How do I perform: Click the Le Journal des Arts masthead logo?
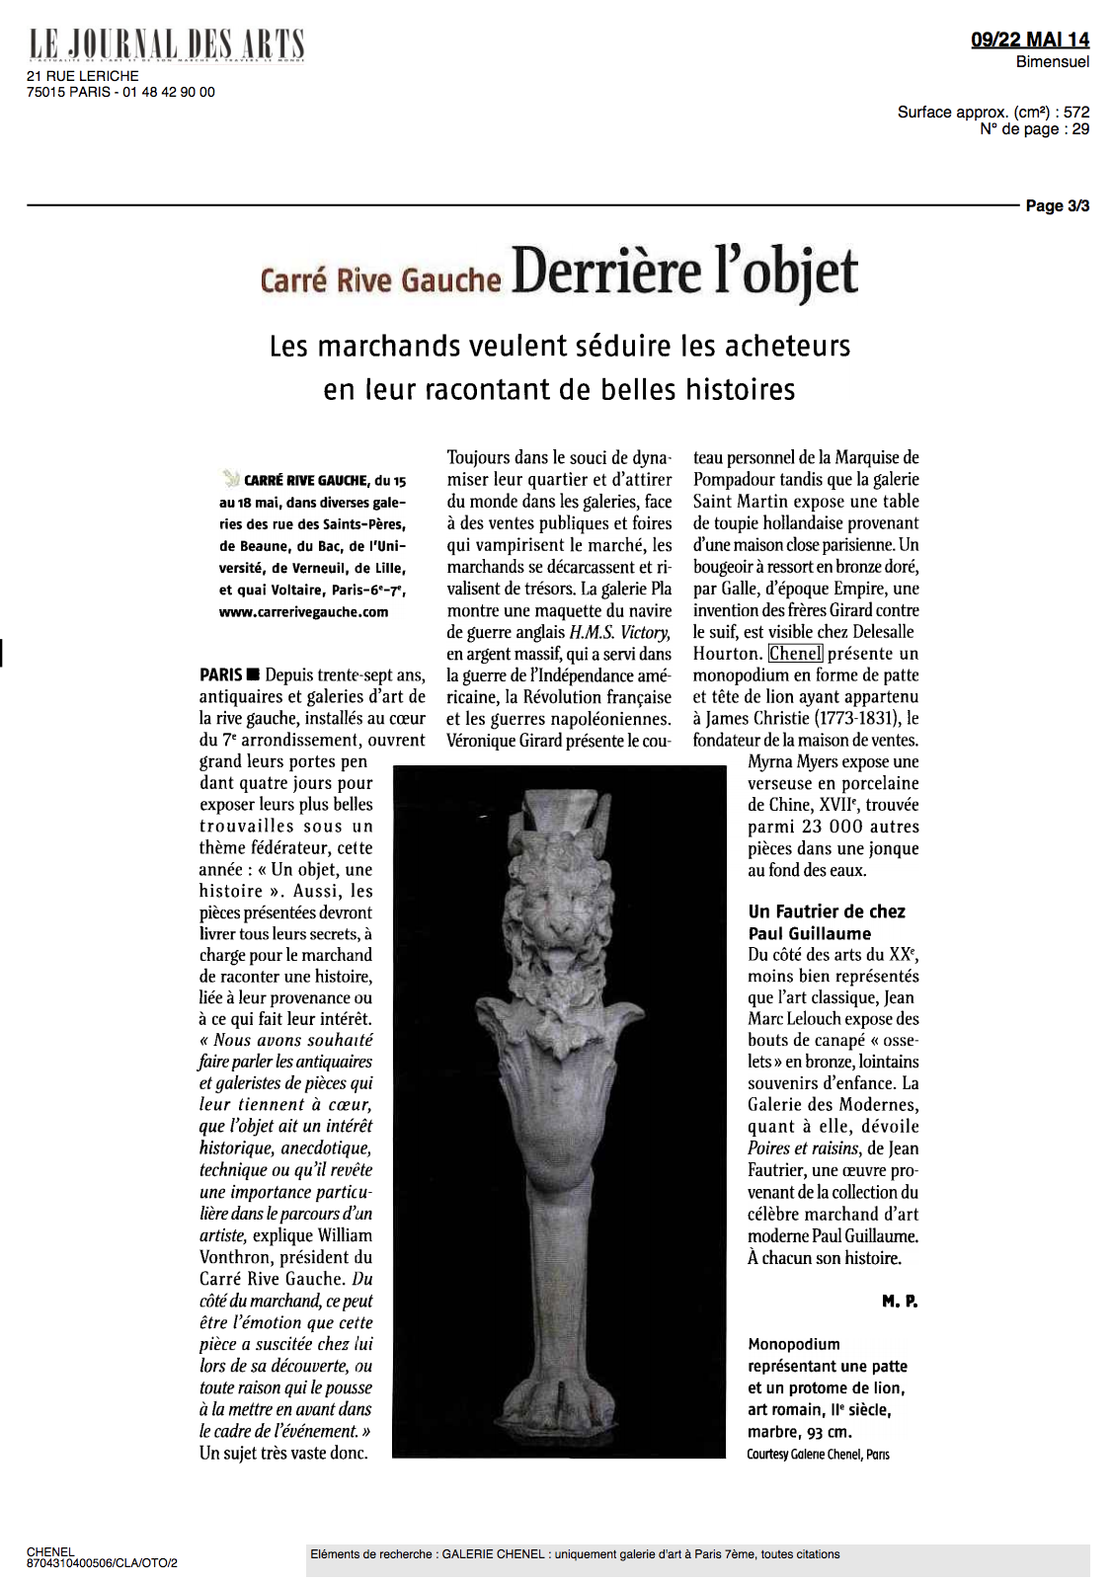166,44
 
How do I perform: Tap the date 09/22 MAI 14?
1029,40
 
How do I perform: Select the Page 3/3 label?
1057,205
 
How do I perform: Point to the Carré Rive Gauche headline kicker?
380,279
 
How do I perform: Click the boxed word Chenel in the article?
795,654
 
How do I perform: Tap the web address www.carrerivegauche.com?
303,612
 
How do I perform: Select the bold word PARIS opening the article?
221,675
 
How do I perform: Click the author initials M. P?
900,1302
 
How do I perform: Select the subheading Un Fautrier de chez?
827,911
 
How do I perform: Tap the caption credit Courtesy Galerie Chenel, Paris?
818,1455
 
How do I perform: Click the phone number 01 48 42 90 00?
169,92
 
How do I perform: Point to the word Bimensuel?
1053,61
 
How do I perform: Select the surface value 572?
1076,113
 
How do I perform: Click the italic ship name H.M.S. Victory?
620,632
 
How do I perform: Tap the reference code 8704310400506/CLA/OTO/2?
102,1563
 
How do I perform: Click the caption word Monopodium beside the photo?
794,1345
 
